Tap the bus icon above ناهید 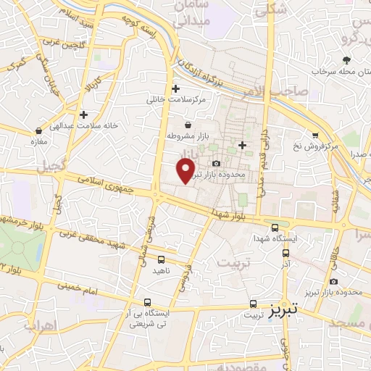pyautogui.click(x=161, y=259)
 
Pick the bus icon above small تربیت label pyautogui.click(x=253, y=304)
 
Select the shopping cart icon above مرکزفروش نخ pyautogui.click(x=315, y=135)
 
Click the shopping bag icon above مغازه pyautogui.click(x=38, y=131)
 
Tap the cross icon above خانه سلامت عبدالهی pyautogui.click(x=84, y=114)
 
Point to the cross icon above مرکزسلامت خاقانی pyautogui.click(x=175, y=88)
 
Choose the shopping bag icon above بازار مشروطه pyautogui.click(x=188, y=125)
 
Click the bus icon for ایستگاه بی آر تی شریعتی pyautogui.click(x=148, y=303)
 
